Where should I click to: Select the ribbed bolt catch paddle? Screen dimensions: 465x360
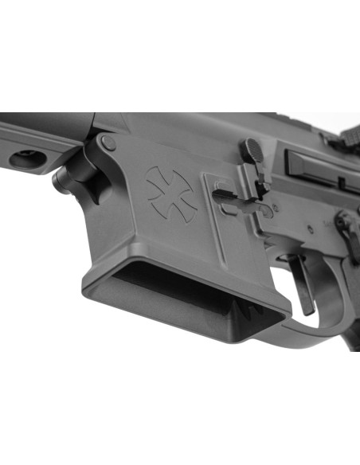click(254, 150)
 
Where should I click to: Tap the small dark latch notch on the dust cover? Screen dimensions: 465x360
click(342, 182)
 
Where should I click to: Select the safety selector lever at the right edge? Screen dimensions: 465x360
click(347, 225)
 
